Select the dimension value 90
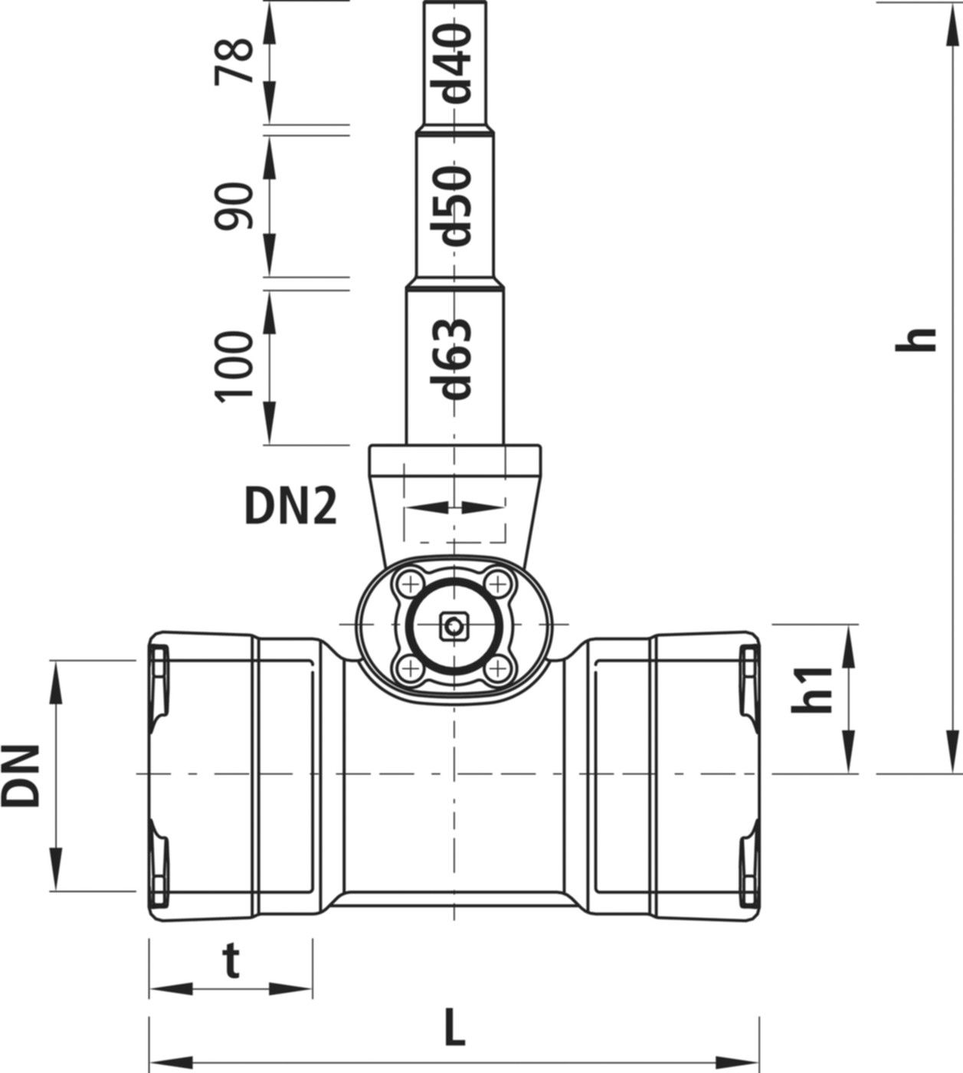234,205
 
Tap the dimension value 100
234,366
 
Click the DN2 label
290,507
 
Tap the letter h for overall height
916,340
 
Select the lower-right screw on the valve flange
499,669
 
